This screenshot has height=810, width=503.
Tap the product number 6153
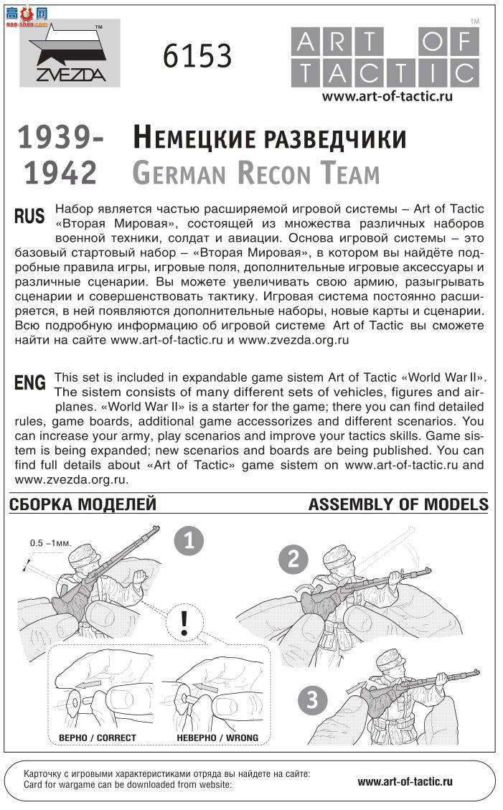pyautogui.click(x=197, y=55)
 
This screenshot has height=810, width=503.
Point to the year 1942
pyautogui.click(x=61, y=174)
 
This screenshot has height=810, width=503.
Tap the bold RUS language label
pyautogui.click(x=29, y=216)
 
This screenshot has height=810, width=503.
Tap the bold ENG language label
pyautogui.click(x=29, y=383)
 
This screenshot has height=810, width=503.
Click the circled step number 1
pyautogui.click(x=189, y=542)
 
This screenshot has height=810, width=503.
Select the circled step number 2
pyautogui.click(x=293, y=559)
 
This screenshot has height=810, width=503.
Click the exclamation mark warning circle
pyautogui.click(x=185, y=622)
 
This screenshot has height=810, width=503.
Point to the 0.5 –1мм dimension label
pyautogui.click(x=50, y=543)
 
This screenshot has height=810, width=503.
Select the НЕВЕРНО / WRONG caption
pyautogui.click(x=217, y=738)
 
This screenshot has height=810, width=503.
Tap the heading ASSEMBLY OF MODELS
pyautogui.click(x=398, y=505)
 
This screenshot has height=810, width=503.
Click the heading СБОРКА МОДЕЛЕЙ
pyautogui.click(x=83, y=505)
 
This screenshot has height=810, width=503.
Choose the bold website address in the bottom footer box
pyautogui.click(x=405, y=782)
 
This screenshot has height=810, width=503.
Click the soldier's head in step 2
pyautogui.click(x=338, y=560)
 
